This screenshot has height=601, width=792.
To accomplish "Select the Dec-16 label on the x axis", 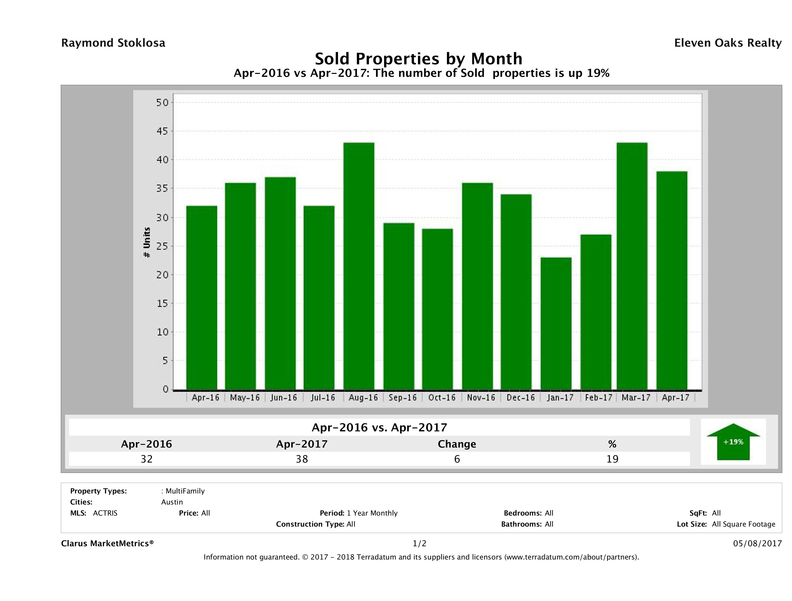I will [x=521, y=397].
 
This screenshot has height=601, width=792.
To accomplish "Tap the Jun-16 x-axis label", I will [x=283, y=397].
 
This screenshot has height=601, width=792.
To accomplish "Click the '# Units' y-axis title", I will [x=147, y=243].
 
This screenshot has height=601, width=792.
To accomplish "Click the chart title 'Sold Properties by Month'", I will [x=418, y=59].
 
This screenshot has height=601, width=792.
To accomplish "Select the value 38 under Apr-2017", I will [x=302, y=459].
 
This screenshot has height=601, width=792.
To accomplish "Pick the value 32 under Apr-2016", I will [x=147, y=459].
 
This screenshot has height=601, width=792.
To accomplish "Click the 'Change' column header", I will [x=457, y=444].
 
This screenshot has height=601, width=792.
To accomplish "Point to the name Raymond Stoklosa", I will [x=113, y=43].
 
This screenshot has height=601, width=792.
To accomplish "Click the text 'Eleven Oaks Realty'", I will [x=727, y=43].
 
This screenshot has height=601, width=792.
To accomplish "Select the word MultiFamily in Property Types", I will [x=185, y=491].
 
